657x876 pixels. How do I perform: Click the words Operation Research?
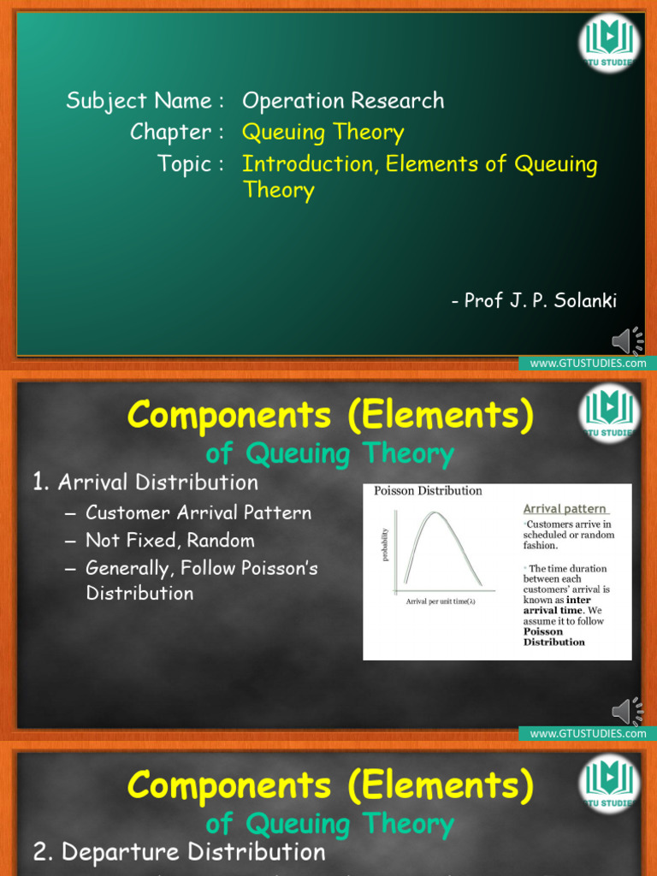(343, 101)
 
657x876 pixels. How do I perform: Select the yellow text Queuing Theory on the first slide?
(323, 133)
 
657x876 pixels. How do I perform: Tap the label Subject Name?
(139, 101)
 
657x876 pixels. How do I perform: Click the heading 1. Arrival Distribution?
(145, 482)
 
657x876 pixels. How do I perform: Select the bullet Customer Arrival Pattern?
(198, 513)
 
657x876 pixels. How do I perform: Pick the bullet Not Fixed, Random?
(169, 541)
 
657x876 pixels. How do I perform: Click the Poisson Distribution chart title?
(428, 491)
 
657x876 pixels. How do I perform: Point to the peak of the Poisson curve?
(436, 514)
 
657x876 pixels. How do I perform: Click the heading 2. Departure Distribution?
(180, 852)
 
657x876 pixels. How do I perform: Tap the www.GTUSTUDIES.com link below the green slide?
(588, 364)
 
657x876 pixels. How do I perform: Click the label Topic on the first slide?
(183, 163)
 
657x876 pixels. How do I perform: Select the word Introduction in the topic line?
(308, 163)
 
